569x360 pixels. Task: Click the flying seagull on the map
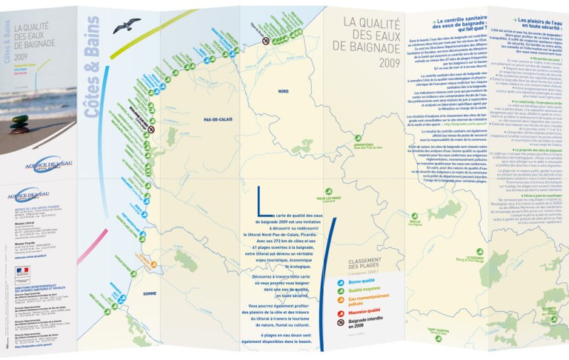(127, 26)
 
